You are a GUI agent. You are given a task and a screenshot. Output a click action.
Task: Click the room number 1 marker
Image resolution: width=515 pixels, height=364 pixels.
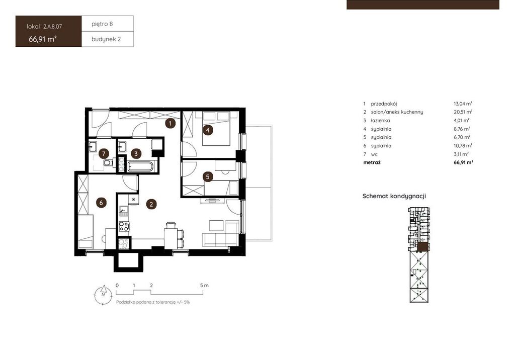[170, 123]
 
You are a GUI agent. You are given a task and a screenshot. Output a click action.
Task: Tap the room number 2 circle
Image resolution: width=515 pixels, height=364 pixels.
[151, 204]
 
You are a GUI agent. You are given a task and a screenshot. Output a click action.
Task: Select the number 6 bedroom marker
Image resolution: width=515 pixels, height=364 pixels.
[101, 203]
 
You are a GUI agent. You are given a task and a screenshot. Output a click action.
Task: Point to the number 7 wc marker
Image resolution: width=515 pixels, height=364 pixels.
[104, 154]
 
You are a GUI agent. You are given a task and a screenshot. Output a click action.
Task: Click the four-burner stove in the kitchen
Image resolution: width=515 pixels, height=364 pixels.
[124, 226]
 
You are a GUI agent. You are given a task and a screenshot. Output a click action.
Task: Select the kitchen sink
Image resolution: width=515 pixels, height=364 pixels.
[124, 210]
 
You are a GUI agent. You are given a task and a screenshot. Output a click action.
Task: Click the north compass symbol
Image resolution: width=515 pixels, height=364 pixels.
[103, 295]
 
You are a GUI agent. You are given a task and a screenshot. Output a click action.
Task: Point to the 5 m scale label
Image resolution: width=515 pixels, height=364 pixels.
[204, 285]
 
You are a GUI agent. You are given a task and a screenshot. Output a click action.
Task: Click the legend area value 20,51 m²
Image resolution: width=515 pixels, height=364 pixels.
[463, 112]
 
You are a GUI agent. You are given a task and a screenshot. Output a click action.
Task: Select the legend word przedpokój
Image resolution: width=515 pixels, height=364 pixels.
[384, 104]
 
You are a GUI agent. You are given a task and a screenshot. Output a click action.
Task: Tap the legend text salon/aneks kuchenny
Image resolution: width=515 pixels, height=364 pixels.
[397, 112]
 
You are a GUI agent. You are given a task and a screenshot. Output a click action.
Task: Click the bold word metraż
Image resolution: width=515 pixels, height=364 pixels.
[372, 162]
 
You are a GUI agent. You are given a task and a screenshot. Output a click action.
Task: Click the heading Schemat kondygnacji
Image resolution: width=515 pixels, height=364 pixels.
[394, 196]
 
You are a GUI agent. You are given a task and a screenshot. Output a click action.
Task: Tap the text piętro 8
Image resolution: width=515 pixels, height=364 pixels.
[102, 24]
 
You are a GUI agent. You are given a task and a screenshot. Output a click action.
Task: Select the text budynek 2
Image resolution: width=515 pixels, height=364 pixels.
[106, 39]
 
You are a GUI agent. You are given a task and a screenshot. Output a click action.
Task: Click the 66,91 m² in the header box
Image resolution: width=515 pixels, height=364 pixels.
[43, 39]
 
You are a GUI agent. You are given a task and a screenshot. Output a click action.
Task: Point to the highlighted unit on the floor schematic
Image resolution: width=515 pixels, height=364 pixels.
[423, 247]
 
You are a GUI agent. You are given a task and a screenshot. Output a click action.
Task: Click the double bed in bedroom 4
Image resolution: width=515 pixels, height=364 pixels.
[216, 129]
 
